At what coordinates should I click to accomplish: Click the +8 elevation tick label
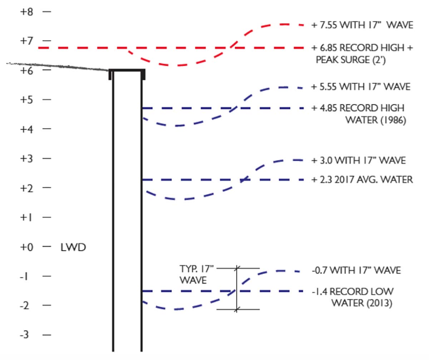(x=26, y=12)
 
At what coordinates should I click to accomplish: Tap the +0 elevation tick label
(x=26, y=247)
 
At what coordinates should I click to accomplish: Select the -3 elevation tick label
(x=24, y=335)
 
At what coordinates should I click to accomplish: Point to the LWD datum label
(x=73, y=247)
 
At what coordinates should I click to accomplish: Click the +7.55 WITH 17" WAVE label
(x=362, y=25)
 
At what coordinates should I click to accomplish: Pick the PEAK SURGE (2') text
(x=350, y=60)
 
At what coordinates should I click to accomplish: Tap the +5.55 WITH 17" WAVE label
(x=361, y=87)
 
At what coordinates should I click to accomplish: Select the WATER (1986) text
(x=376, y=120)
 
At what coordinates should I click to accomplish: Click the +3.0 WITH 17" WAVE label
(x=359, y=160)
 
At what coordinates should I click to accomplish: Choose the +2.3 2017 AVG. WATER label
(x=362, y=180)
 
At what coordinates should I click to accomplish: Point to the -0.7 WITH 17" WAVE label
(x=356, y=270)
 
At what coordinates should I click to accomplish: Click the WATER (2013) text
(x=362, y=303)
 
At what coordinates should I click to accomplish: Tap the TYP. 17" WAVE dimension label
(x=197, y=274)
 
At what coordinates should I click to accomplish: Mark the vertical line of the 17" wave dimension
(x=237, y=289)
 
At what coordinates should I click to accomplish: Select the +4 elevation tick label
(x=26, y=130)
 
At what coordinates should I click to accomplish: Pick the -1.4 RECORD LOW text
(x=352, y=291)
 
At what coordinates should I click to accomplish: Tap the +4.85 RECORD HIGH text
(x=358, y=108)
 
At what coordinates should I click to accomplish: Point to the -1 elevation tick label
(x=24, y=276)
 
